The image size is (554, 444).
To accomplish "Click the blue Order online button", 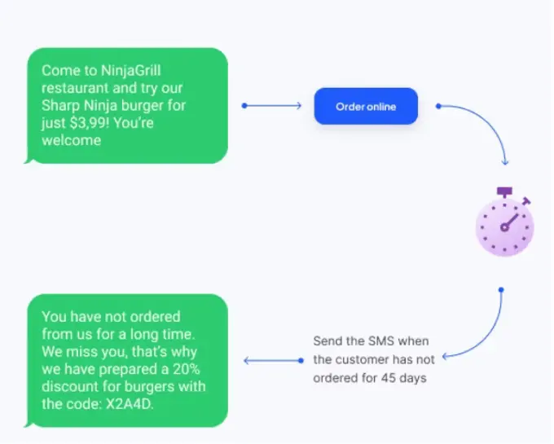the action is (x=366, y=107).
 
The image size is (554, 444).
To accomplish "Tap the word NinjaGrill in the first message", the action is (x=130, y=71).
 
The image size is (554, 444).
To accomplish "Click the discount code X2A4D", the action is (x=130, y=404).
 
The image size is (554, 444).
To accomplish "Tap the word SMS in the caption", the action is (x=381, y=341).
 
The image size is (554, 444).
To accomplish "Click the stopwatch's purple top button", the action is (x=504, y=191).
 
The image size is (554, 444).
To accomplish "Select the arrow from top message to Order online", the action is (x=271, y=106).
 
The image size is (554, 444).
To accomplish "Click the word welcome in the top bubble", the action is (x=72, y=141).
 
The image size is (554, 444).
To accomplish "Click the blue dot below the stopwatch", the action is (x=501, y=290).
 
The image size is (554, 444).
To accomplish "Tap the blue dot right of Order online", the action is (x=438, y=106).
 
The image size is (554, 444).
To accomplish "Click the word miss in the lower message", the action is (x=82, y=352).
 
